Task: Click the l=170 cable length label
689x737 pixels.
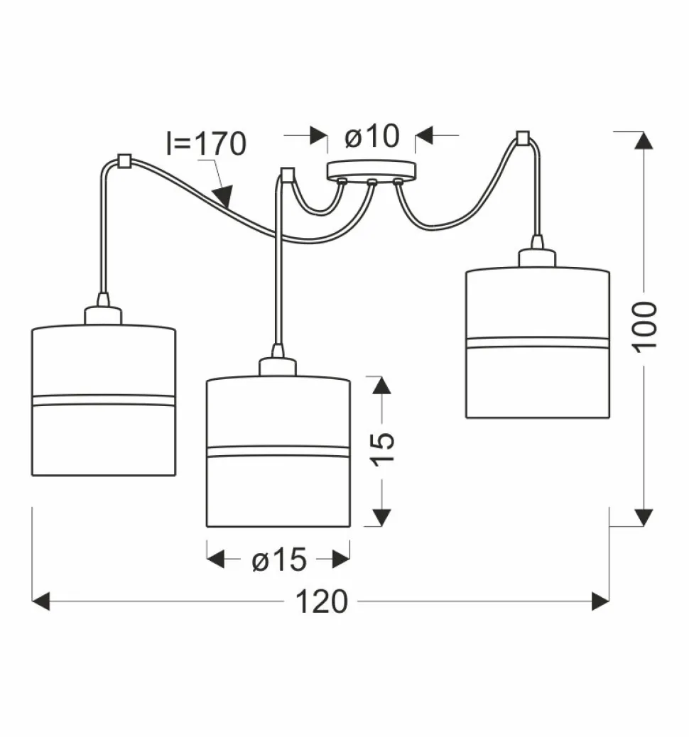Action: point(206,144)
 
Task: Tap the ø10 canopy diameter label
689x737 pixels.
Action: point(372,136)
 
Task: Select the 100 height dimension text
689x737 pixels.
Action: point(645,325)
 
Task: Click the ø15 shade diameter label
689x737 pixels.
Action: point(278,561)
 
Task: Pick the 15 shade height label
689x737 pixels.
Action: point(382,449)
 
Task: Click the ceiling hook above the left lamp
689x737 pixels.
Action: point(124,161)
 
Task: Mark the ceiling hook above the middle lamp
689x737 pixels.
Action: point(287,174)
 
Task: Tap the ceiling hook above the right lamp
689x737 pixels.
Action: point(523,137)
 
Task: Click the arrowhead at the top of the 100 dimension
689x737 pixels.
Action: point(644,140)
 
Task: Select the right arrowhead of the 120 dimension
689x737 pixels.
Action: point(601,602)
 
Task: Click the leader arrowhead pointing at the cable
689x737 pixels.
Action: point(224,197)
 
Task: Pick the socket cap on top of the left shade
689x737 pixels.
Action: point(104,315)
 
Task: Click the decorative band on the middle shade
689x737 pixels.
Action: point(278,451)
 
